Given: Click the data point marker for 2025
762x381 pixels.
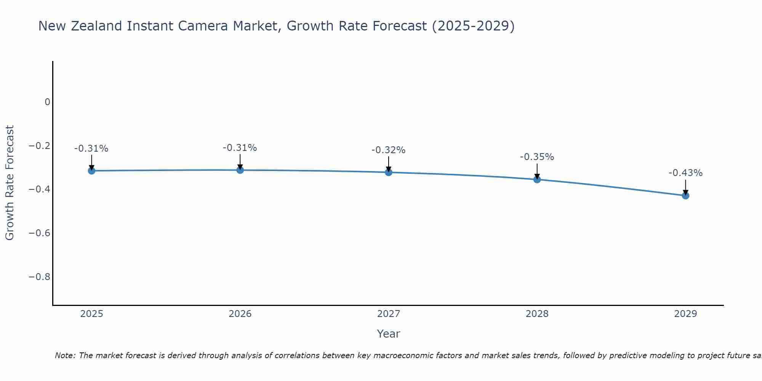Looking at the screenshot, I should (x=91, y=171).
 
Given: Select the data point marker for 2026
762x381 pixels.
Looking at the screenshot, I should (x=240, y=170).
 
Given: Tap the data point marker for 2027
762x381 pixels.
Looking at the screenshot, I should (x=389, y=172).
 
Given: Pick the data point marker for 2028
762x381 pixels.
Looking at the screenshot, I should (x=537, y=179).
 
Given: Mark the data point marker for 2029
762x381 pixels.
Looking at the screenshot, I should (x=685, y=196).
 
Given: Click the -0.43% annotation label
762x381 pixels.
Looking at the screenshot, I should (x=685, y=173).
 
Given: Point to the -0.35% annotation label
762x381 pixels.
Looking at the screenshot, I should (x=537, y=157).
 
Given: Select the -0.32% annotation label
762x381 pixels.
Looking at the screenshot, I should (x=388, y=150).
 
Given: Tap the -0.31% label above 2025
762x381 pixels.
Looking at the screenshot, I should (x=91, y=149).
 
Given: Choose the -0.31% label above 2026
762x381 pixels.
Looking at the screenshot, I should (x=240, y=148).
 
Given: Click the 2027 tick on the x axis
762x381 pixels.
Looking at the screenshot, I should (x=389, y=314).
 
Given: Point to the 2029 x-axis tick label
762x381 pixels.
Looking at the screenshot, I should (x=685, y=314).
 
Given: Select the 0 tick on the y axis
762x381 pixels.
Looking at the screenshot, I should (x=47, y=102).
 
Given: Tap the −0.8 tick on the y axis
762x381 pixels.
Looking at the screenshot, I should (x=40, y=277).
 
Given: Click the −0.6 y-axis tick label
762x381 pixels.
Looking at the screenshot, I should (x=40, y=233).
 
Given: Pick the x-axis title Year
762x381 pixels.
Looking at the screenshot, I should (x=388, y=334).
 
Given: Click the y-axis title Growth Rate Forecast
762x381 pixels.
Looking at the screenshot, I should (x=10, y=183).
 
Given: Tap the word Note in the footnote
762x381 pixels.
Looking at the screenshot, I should (x=65, y=355).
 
